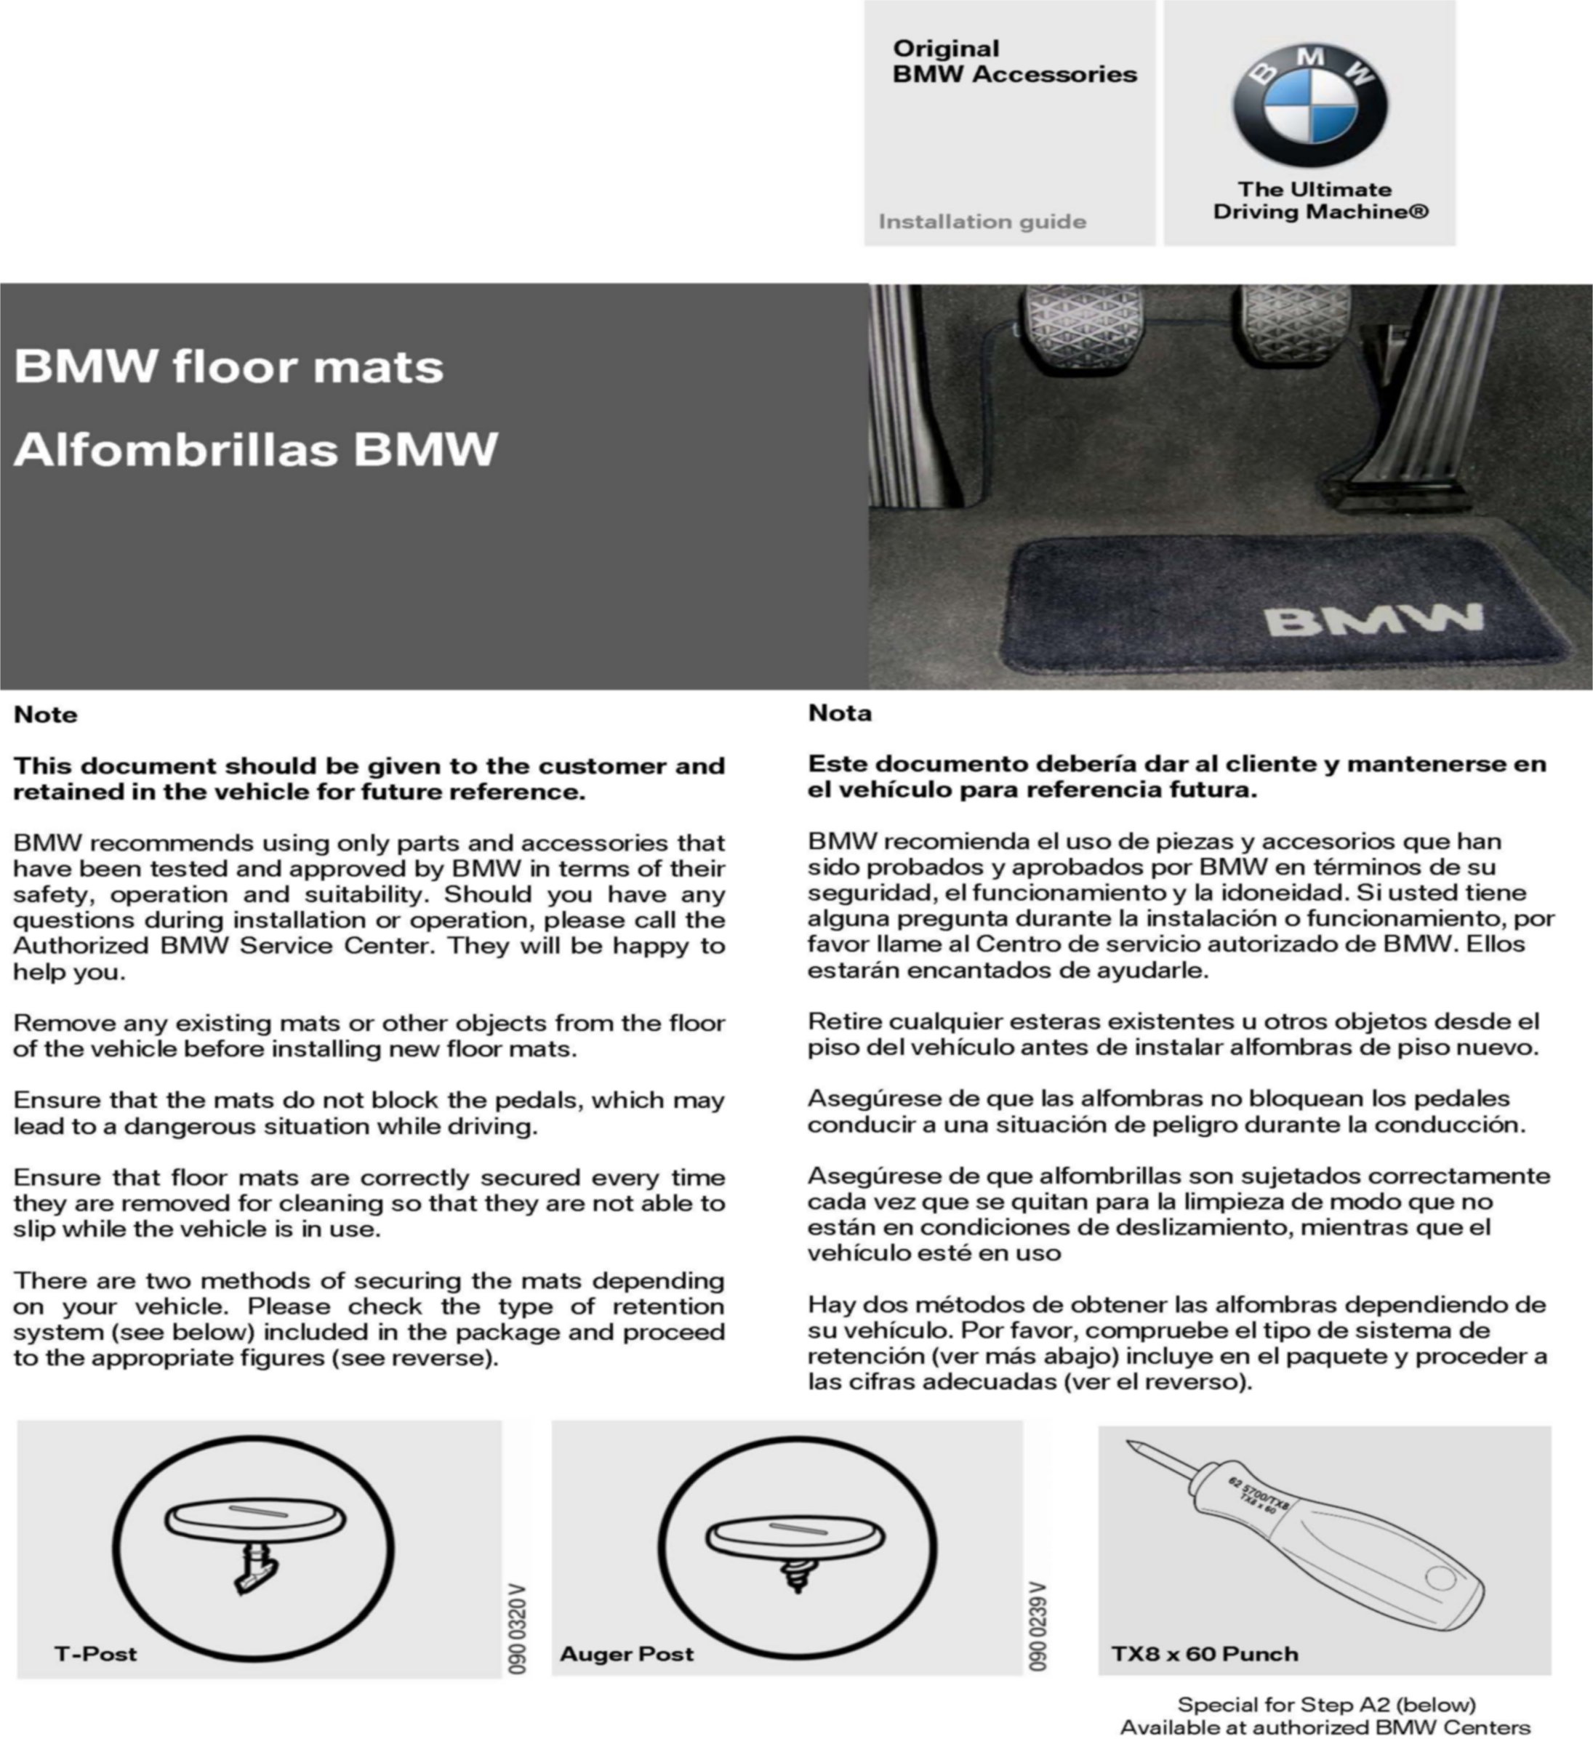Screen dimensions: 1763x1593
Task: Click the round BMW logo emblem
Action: pos(1309,105)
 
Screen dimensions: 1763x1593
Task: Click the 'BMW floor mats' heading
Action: pos(229,366)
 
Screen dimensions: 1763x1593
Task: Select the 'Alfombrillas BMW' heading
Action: pos(255,449)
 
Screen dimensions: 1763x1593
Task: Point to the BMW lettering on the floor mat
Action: pos(1373,620)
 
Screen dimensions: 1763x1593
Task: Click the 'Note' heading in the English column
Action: pos(46,715)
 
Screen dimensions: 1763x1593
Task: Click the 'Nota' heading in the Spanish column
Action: pos(839,712)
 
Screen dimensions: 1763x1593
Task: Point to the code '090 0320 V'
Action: pos(518,1629)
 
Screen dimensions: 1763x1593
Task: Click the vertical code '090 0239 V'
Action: pos(1038,1626)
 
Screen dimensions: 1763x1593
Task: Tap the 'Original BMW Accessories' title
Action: pos(1014,61)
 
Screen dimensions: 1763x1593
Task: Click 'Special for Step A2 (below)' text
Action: pos(1326,1704)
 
